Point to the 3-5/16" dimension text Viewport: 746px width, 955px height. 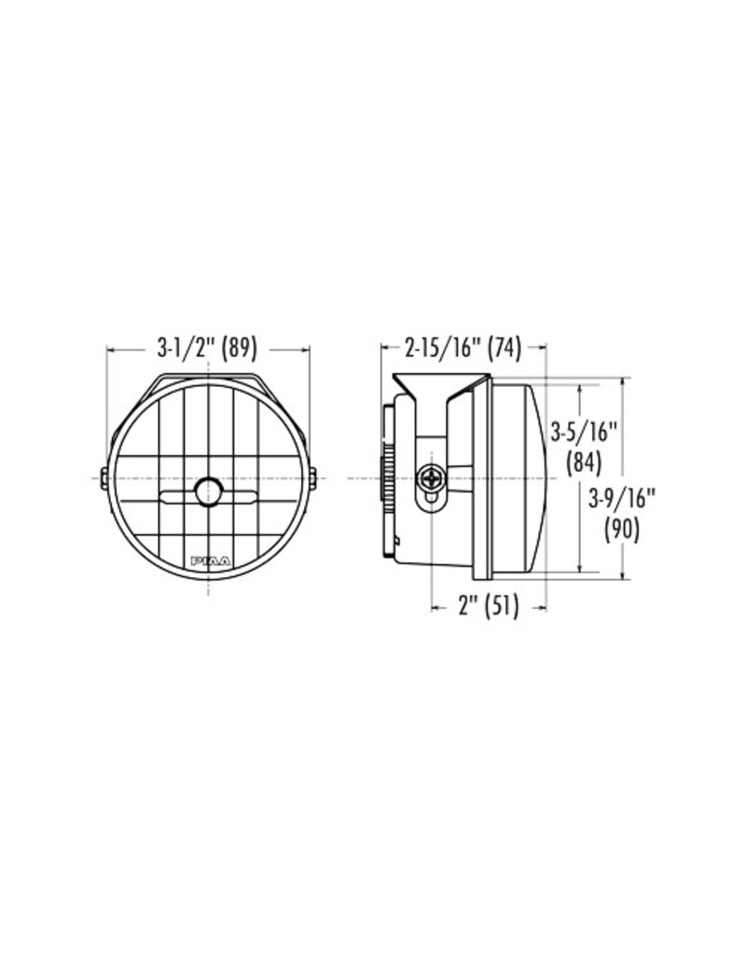tap(585, 431)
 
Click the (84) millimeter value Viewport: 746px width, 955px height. tap(585, 461)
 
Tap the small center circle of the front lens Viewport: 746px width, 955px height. tap(209, 491)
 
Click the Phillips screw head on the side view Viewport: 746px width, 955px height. tap(433, 478)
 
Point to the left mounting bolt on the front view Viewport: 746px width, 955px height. tap(103, 477)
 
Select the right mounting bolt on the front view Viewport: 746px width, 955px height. tap(314, 477)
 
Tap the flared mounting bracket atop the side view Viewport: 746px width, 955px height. tap(438, 384)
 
